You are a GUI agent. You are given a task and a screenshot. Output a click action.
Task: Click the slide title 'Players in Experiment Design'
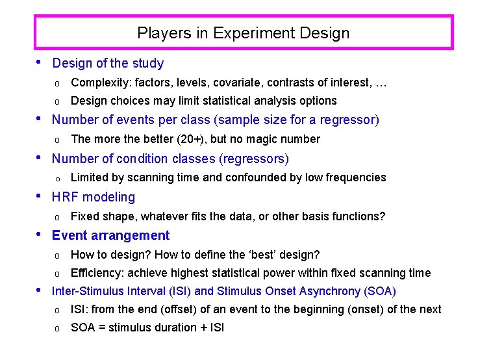[x=244, y=33]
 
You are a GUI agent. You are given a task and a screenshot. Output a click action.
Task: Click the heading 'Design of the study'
[x=108, y=63]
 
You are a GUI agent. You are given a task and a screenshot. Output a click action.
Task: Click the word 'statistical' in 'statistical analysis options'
[x=225, y=101]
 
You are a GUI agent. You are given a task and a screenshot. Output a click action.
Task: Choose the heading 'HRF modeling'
[x=94, y=197]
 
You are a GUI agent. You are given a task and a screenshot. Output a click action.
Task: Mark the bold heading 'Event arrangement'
[x=110, y=235]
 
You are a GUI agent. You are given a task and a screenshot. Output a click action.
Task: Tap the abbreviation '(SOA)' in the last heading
[x=381, y=291]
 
